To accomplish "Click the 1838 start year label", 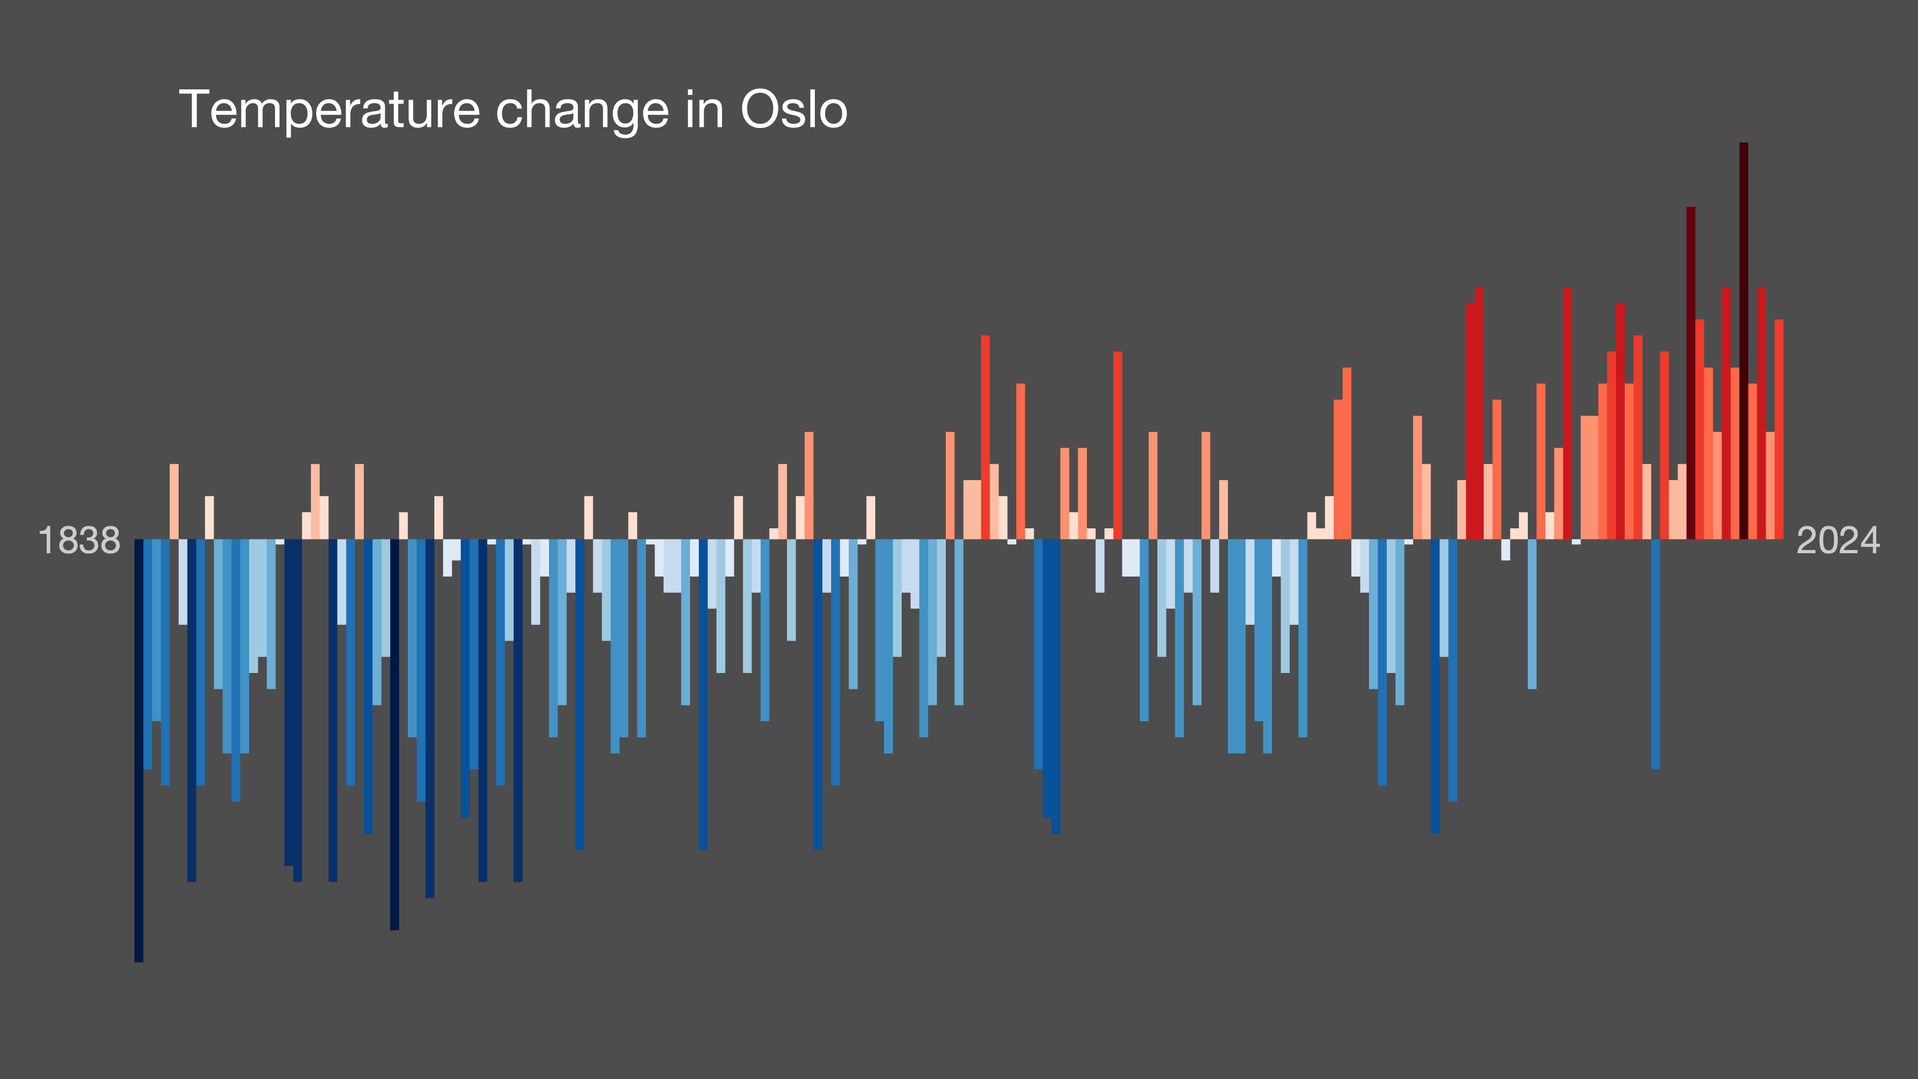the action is (x=79, y=540).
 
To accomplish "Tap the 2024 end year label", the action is (x=1838, y=540).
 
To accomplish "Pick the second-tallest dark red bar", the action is (x=1691, y=373).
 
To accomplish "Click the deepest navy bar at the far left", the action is (x=139, y=751).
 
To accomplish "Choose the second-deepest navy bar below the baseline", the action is (x=395, y=734).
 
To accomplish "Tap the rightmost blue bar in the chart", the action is (x=1655, y=654).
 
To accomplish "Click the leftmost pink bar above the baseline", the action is (x=174, y=501).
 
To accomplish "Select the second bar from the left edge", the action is (x=148, y=654).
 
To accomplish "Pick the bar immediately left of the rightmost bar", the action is (x=1770, y=486).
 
